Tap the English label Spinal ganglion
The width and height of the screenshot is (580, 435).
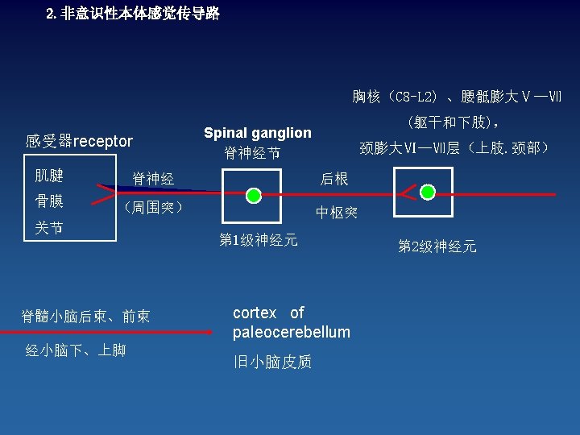pos(257,133)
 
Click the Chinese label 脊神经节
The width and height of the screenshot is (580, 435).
pos(252,152)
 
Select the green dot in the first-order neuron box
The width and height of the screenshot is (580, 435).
pos(254,196)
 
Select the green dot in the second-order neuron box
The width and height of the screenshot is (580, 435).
pos(428,192)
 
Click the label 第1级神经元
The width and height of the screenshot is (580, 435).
pos(259,239)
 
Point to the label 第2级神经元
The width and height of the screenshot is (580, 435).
pos(437,246)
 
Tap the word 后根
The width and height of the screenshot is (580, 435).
pos(334,179)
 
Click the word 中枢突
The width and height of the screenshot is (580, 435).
pos(337,213)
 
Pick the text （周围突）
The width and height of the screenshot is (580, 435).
pos(153,208)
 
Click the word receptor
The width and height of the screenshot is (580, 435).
pos(103,142)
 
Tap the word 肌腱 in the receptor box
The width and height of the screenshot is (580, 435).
pos(49,176)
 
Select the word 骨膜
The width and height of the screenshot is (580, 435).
pos(49,201)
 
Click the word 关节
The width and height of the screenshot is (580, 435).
pos(49,228)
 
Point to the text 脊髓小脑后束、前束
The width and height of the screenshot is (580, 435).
pos(85,317)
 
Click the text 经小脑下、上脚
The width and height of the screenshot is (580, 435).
pos(76,350)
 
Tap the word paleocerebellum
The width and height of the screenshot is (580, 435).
pos(292,332)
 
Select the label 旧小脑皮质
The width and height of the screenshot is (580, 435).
pos(272,362)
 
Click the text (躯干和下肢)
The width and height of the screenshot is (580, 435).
pos(455,123)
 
